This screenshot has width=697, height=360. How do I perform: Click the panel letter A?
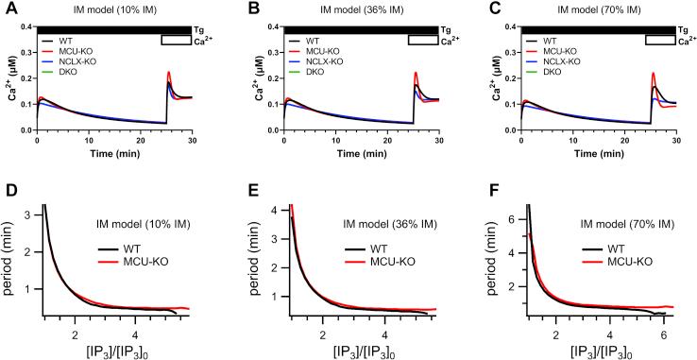point(8,10)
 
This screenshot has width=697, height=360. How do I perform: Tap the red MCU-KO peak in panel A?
point(168,73)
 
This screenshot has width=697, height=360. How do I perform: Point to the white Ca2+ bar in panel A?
point(175,40)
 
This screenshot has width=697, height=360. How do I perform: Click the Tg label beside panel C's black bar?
point(683,30)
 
